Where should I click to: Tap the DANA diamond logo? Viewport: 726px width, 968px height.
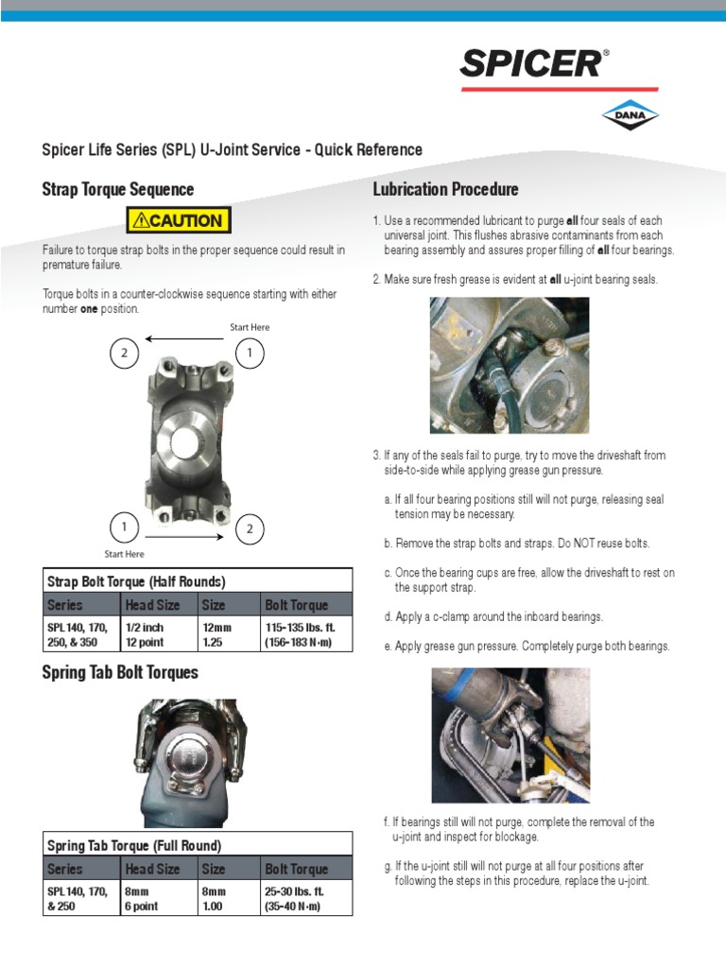(x=630, y=114)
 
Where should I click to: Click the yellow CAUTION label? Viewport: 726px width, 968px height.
(x=179, y=221)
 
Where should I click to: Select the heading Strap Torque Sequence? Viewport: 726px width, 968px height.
(x=118, y=189)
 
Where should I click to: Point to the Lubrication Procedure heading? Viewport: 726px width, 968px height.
(x=446, y=189)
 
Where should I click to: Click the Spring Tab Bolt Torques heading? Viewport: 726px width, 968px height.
(x=120, y=673)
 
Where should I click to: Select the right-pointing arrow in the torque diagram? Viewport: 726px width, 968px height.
(x=183, y=536)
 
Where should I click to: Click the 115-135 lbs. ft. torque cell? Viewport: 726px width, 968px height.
(x=301, y=634)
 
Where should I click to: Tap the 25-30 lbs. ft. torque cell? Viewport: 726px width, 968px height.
(x=294, y=899)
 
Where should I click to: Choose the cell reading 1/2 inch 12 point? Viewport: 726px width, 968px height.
(x=149, y=634)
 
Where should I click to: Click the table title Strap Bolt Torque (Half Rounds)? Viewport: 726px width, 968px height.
(x=136, y=580)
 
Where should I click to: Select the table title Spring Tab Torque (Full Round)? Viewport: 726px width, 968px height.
(x=133, y=845)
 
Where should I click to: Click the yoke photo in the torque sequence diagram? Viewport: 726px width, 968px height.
(x=187, y=438)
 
